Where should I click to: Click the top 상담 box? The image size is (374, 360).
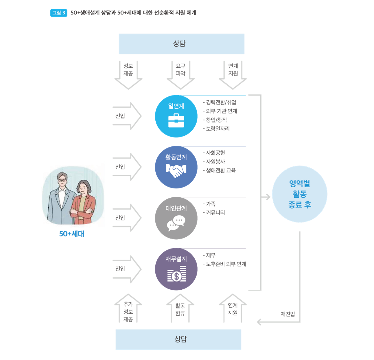click(181, 44)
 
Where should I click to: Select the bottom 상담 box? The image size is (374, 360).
click(178, 340)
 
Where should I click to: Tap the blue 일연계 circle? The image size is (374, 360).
click(176, 116)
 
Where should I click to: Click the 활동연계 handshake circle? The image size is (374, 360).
click(176, 167)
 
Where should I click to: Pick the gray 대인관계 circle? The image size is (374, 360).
click(176, 218)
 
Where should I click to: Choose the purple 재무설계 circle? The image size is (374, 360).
click(176, 269)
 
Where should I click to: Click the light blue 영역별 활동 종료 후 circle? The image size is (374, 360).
click(300, 194)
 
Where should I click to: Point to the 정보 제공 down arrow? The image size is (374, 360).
click(128, 75)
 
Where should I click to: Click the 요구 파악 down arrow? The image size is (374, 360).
click(181, 75)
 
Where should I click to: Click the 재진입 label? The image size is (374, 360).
click(288, 314)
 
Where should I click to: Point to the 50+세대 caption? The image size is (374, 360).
click(72, 234)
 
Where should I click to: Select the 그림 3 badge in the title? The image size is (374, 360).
click(59, 13)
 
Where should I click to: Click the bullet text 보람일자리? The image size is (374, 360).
click(218, 129)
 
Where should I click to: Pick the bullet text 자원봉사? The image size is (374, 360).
click(215, 162)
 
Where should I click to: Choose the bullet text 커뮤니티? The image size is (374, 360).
click(215, 213)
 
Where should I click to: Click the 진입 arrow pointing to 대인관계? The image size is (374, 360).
click(127, 218)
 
